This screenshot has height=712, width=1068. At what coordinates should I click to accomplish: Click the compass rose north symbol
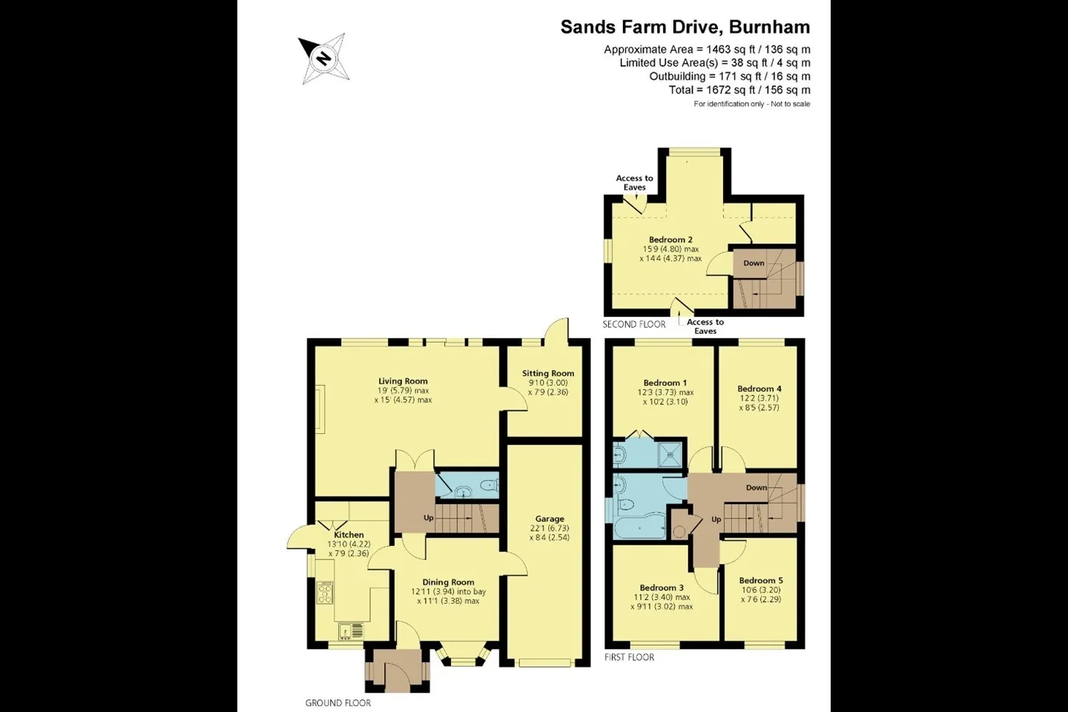tap(324, 59)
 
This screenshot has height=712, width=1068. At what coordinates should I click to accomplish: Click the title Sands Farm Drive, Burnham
tap(685, 27)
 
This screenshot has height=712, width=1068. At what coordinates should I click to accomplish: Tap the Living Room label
tap(403, 381)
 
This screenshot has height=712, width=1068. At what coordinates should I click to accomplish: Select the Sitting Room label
tap(548, 373)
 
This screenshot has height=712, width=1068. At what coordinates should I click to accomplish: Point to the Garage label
tap(550, 519)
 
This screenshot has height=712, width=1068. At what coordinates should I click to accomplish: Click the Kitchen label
tap(349, 535)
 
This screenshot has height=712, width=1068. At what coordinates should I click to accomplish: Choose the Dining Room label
tap(448, 582)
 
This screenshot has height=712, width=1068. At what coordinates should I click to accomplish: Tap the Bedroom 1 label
tap(665, 383)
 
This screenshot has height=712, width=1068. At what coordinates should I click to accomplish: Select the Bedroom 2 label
tap(670, 240)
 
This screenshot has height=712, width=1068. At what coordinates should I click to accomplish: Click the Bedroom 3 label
tap(662, 588)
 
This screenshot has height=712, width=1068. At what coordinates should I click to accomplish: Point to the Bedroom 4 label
tap(759, 389)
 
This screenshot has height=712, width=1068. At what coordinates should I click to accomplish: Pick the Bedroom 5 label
tap(761, 581)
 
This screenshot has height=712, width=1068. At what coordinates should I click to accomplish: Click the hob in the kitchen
tap(325, 593)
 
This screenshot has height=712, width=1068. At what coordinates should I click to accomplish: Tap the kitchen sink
tap(351, 631)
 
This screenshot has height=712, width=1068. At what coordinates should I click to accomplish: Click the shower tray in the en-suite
tap(670, 454)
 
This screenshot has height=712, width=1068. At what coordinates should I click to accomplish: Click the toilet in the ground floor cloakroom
tap(489, 486)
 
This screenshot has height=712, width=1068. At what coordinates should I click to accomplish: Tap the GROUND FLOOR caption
tap(338, 703)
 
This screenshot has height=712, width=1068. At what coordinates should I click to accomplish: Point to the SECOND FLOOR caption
tap(634, 325)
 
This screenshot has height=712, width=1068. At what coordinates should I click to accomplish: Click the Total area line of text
tap(739, 90)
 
